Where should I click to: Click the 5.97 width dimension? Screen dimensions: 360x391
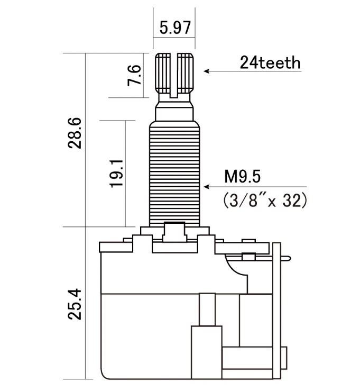175,28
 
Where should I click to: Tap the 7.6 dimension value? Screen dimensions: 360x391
134,75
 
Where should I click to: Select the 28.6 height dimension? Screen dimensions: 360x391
75,133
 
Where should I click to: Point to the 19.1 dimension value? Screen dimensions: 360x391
116,174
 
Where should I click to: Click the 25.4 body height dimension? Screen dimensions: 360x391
75,304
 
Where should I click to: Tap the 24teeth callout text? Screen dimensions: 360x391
270,62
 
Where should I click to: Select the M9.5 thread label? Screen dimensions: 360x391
242,177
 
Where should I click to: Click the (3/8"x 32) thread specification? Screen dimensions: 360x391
264,200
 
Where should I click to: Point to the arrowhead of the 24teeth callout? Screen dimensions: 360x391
206,71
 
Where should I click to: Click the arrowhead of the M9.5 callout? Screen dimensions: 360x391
206,187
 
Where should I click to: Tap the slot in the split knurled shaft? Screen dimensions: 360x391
174,75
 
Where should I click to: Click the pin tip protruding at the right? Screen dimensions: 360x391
286,258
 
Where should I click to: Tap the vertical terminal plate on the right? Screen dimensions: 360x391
277,311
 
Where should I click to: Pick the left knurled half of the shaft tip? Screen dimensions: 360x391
163,74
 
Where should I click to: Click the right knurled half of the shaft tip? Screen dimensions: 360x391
186,74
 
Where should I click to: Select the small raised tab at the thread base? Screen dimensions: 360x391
174,232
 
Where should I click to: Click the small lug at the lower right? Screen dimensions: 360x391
284,358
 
